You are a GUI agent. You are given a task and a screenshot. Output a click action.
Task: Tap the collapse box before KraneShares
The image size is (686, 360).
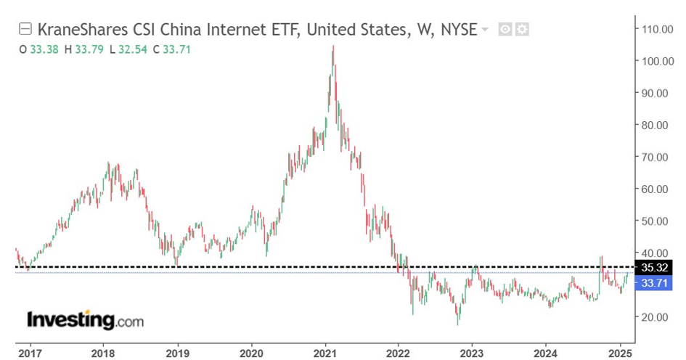(x=25, y=29)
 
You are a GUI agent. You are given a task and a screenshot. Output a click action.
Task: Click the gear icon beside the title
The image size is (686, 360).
(x=522, y=30)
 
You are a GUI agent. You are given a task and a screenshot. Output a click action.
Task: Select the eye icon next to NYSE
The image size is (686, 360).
(x=506, y=30)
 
